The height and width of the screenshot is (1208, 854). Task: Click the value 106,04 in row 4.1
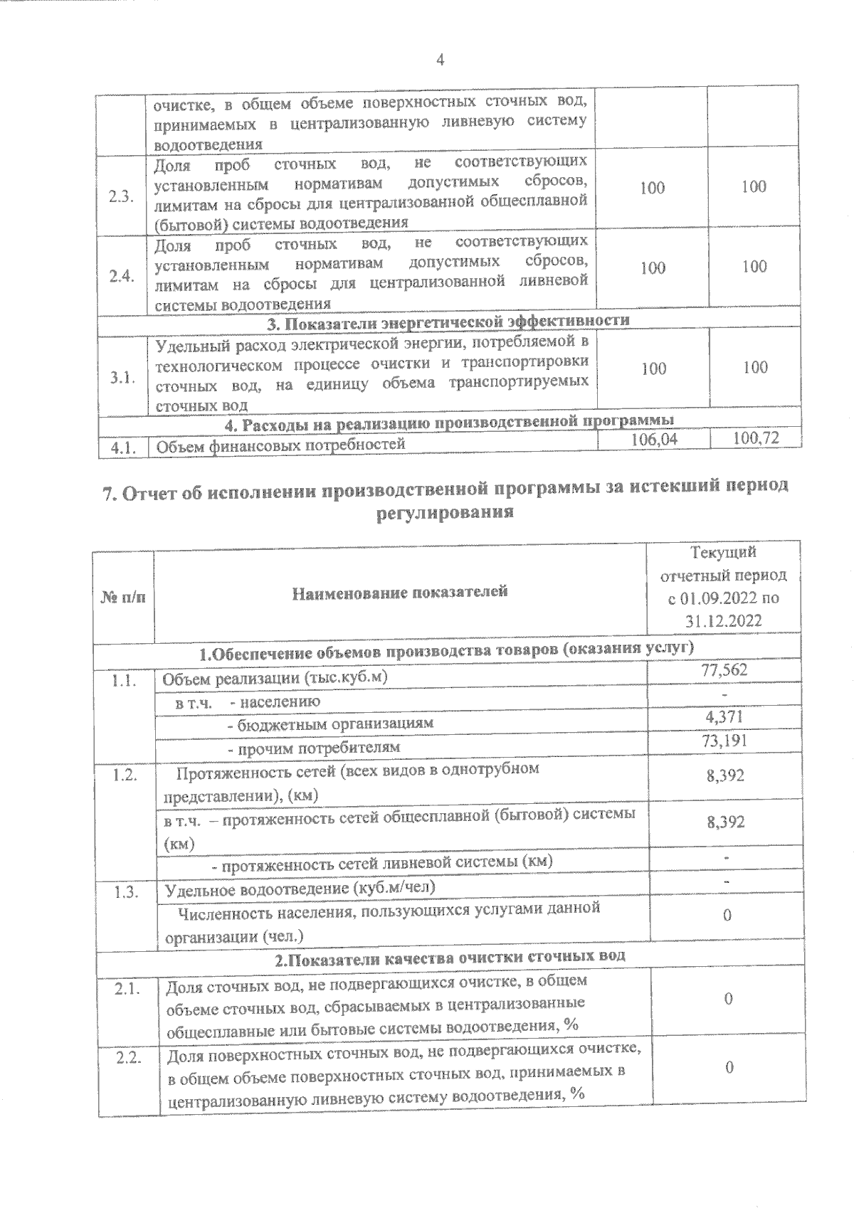[655, 440]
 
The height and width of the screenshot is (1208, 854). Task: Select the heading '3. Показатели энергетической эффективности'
[448, 320]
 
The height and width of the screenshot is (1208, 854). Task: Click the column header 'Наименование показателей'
[401, 591]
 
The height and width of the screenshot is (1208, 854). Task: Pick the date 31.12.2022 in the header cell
[724, 620]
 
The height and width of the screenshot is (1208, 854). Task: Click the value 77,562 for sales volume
[724, 670]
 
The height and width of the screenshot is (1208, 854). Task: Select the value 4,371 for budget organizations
[724, 716]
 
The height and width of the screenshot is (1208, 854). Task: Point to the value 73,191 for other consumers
[724, 741]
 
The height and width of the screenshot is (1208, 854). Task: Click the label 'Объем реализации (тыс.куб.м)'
[275, 677]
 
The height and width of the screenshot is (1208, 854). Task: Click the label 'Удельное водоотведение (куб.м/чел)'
[300, 889]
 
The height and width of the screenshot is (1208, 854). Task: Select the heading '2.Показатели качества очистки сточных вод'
[450, 957]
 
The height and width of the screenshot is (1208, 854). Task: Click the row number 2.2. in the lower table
[129, 1058]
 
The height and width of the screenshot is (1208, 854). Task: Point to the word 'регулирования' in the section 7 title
[444, 512]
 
